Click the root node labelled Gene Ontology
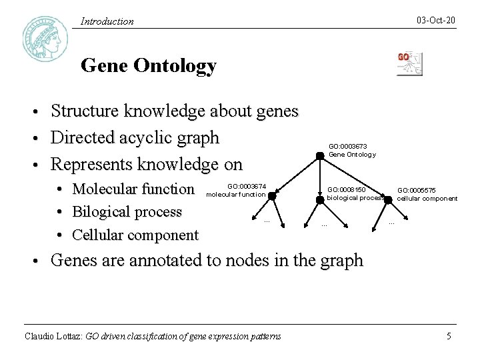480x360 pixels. [320, 156]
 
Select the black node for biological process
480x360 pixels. [320, 199]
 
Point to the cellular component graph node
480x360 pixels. [389, 199]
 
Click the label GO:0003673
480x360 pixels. [347, 146]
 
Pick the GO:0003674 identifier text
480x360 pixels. [247, 186]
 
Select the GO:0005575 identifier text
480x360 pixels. [417, 190]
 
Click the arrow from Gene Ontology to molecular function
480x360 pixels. [296, 175]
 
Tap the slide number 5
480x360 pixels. [449, 336]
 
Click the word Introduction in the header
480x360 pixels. [107, 21]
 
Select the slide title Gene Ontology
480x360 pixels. [148, 66]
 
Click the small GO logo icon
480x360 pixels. [409, 63]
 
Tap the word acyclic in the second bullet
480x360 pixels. [142, 138]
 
